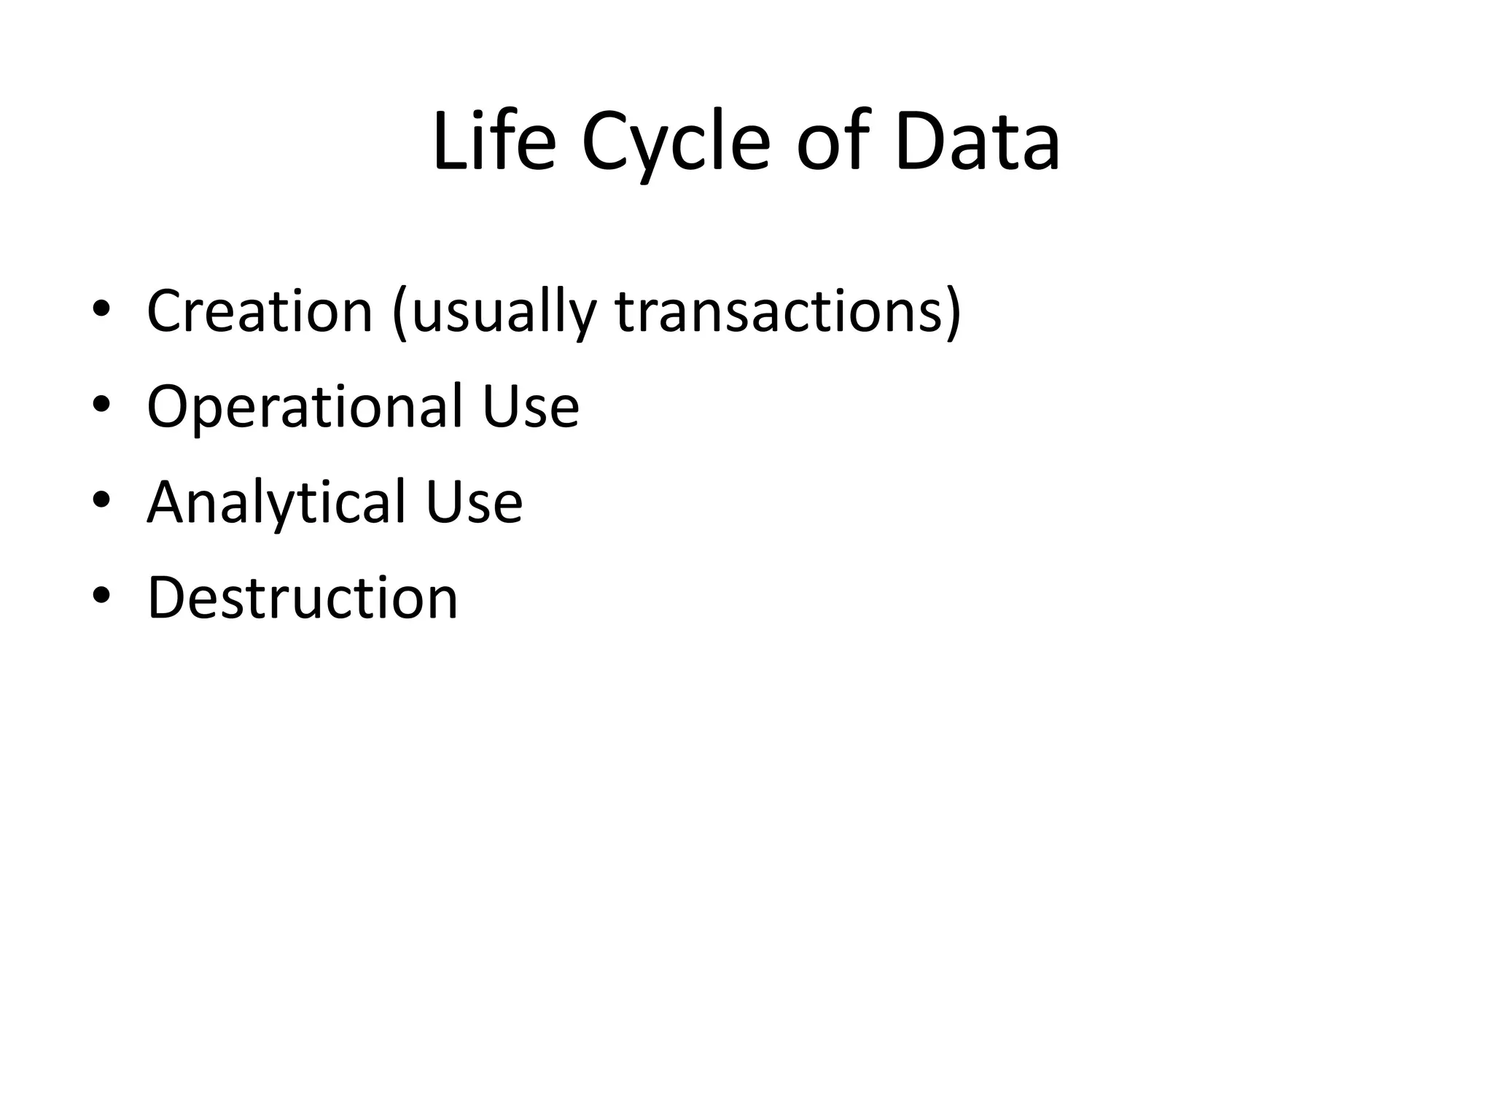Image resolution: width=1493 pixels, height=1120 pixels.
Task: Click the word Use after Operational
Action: pyautogui.click(x=530, y=407)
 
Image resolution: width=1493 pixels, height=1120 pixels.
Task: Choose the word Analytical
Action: pyautogui.click(x=276, y=502)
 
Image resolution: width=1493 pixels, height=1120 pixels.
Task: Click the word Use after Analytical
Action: pyautogui.click(x=474, y=502)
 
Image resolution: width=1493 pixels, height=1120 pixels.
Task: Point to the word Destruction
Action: pyautogui.click(x=303, y=598)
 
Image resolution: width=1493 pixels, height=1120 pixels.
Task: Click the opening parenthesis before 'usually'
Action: pyautogui.click(x=399, y=314)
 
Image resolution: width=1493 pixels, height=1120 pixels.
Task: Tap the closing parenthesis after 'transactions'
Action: pyautogui.click(x=953, y=314)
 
